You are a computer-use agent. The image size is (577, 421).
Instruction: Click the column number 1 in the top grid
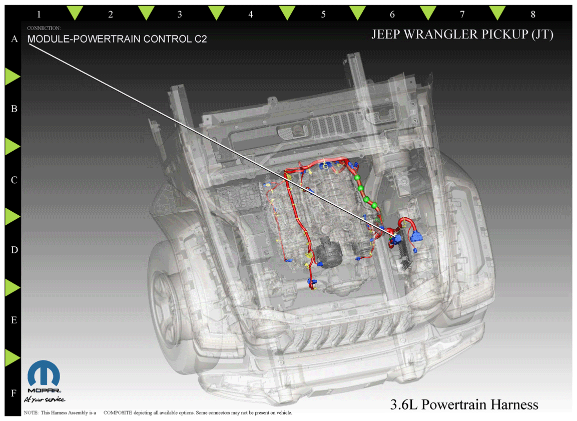(x=39, y=15)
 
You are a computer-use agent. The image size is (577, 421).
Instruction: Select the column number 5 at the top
(x=323, y=15)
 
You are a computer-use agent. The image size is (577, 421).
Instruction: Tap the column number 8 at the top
(x=532, y=15)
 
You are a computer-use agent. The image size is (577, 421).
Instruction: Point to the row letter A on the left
(x=15, y=39)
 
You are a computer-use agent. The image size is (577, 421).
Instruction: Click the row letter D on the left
(x=15, y=250)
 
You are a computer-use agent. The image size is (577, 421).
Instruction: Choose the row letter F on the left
(x=14, y=393)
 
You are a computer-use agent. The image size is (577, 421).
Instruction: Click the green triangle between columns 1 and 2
(x=75, y=13)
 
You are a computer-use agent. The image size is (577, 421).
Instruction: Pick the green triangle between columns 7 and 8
(x=497, y=13)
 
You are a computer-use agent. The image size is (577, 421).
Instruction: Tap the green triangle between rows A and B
(x=12, y=77)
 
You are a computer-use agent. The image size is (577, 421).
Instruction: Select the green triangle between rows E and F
(x=12, y=358)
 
